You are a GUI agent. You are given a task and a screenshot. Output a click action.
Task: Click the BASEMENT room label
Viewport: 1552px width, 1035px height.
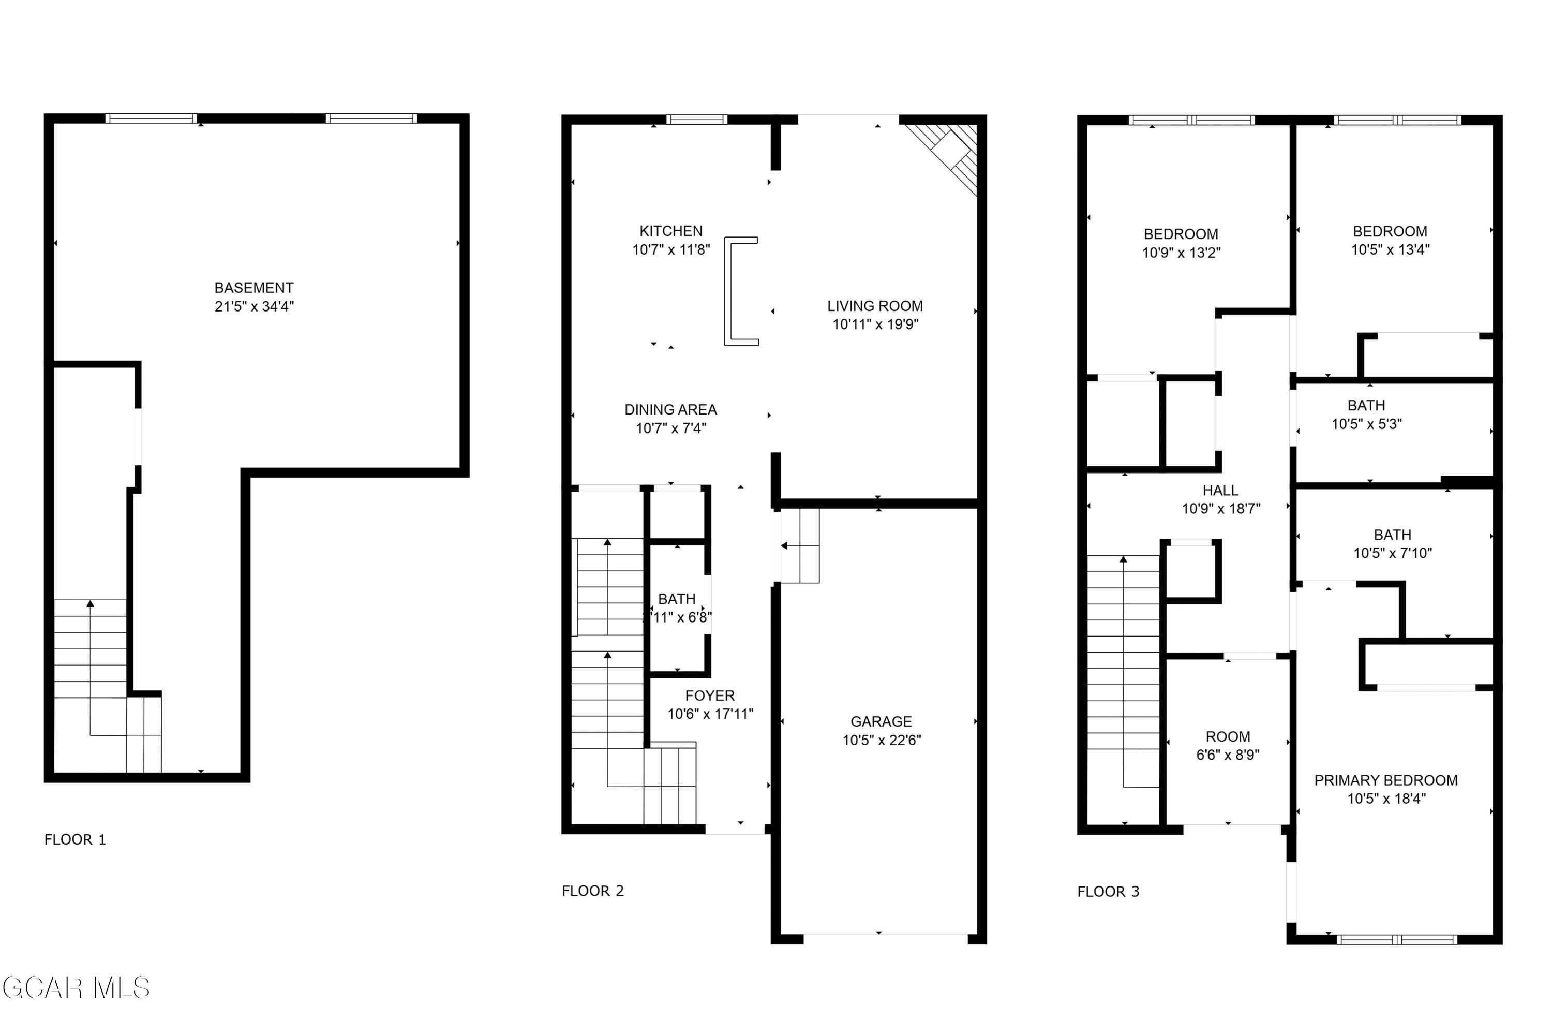[x=254, y=288]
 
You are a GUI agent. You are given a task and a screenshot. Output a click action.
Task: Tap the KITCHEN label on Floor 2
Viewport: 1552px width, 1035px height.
[x=671, y=231]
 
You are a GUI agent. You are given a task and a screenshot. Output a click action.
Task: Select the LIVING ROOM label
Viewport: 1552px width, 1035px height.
[x=875, y=306]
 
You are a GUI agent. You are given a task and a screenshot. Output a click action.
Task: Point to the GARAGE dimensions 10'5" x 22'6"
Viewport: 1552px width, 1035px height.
[x=882, y=740]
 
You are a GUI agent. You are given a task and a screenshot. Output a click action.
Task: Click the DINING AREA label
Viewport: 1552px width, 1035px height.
[x=670, y=409]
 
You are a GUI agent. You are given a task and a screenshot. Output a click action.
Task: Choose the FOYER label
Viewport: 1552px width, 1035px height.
[x=710, y=695]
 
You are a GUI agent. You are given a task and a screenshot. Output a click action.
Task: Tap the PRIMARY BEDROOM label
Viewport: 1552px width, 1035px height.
[x=1386, y=780]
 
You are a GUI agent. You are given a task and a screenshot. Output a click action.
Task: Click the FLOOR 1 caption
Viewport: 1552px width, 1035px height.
[x=75, y=839]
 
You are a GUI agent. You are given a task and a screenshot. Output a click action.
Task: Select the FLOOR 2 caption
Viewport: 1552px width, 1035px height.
[x=592, y=891]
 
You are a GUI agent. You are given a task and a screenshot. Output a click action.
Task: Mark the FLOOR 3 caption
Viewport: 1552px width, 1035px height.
[x=1109, y=892]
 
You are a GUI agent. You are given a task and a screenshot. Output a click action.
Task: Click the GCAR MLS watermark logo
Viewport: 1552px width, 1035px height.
[x=77, y=988]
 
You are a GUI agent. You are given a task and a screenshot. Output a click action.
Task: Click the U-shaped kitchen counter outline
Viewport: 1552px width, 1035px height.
[x=728, y=291]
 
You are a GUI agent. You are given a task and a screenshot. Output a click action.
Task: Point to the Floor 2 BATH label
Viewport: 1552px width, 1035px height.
[x=677, y=599]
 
